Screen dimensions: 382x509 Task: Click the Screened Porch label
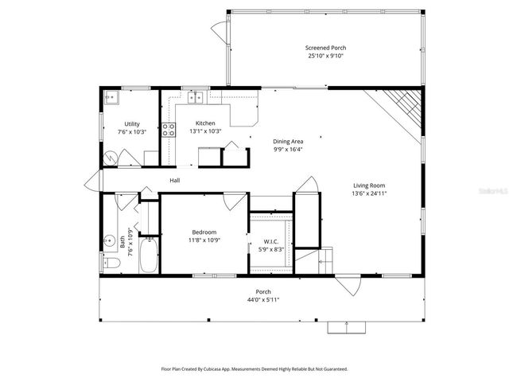pos(326,49)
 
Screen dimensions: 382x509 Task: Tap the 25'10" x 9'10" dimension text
pos(326,57)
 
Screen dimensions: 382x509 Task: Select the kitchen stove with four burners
pos(169,130)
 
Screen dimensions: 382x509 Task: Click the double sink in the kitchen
pos(196,98)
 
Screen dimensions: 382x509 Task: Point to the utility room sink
pos(112,98)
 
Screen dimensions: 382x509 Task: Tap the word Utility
pos(132,123)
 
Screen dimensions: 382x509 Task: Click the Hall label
pos(174,181)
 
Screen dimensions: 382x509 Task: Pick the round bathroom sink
pos(107,239)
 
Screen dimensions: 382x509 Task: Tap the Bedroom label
pos(204,232)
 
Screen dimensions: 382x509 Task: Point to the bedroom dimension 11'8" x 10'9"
pos(204,240)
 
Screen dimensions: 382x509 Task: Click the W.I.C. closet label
pos(270,242)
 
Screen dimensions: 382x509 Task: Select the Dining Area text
pos(288,140)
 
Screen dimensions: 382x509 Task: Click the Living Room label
pos(369,185)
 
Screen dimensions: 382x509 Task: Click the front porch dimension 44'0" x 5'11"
pos(262,300)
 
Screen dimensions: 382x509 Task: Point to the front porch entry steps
pos(347,326)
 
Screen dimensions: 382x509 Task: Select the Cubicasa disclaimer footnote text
pos(254,369)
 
